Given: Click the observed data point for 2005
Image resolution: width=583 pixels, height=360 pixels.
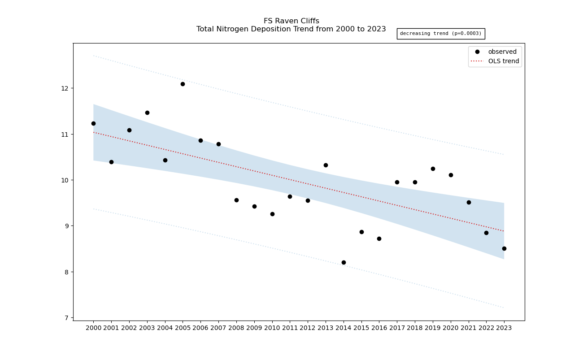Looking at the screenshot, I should tap(183, 84).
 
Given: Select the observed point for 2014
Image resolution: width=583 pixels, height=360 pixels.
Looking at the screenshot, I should tap(344, 262).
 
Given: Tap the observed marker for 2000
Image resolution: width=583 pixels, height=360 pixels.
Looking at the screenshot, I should tap(93, 123).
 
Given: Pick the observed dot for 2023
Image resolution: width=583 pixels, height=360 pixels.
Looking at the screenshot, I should tap(504, 248).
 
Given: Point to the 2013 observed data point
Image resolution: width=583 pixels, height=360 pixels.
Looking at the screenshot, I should tap(326, 165).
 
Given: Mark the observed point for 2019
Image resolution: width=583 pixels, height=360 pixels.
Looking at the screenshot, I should tap(433, 169).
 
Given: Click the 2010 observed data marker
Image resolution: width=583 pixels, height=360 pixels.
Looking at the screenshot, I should tap(272, 214).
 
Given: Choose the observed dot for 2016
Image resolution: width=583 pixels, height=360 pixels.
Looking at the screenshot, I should tap(379, 239).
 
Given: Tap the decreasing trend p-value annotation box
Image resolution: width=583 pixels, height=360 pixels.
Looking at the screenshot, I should tap(440, 34).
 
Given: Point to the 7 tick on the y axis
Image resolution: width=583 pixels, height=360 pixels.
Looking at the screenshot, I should tap(66, 318).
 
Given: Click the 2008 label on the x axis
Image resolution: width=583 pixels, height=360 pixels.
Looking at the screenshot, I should tap(236, 328).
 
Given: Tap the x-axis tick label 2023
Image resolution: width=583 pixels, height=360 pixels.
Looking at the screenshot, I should tap(504, 328).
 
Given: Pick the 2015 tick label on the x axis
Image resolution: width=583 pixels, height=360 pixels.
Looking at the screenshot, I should tap(361, 328).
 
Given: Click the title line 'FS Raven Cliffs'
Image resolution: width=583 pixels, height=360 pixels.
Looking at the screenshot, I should tap(291, 21).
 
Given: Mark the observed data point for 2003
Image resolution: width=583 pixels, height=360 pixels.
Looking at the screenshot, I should tap(147, 113).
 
